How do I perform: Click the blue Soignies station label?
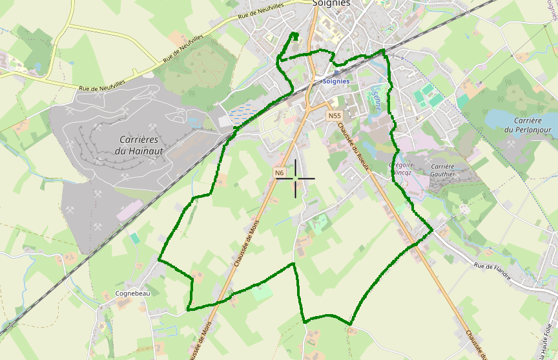(x=336, y=81)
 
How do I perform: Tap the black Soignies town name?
(x=331, y=3)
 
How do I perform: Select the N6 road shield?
(x=279, y=173)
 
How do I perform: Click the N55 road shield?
(x=333, y=116)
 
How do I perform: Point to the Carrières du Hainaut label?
(x=139, y=145)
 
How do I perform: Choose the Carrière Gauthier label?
(x=442, y=170)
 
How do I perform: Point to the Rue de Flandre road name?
(x=493, y=271)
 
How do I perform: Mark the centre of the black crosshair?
(x=296, y=178)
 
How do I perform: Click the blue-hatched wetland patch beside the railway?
(x=240, y=114)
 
